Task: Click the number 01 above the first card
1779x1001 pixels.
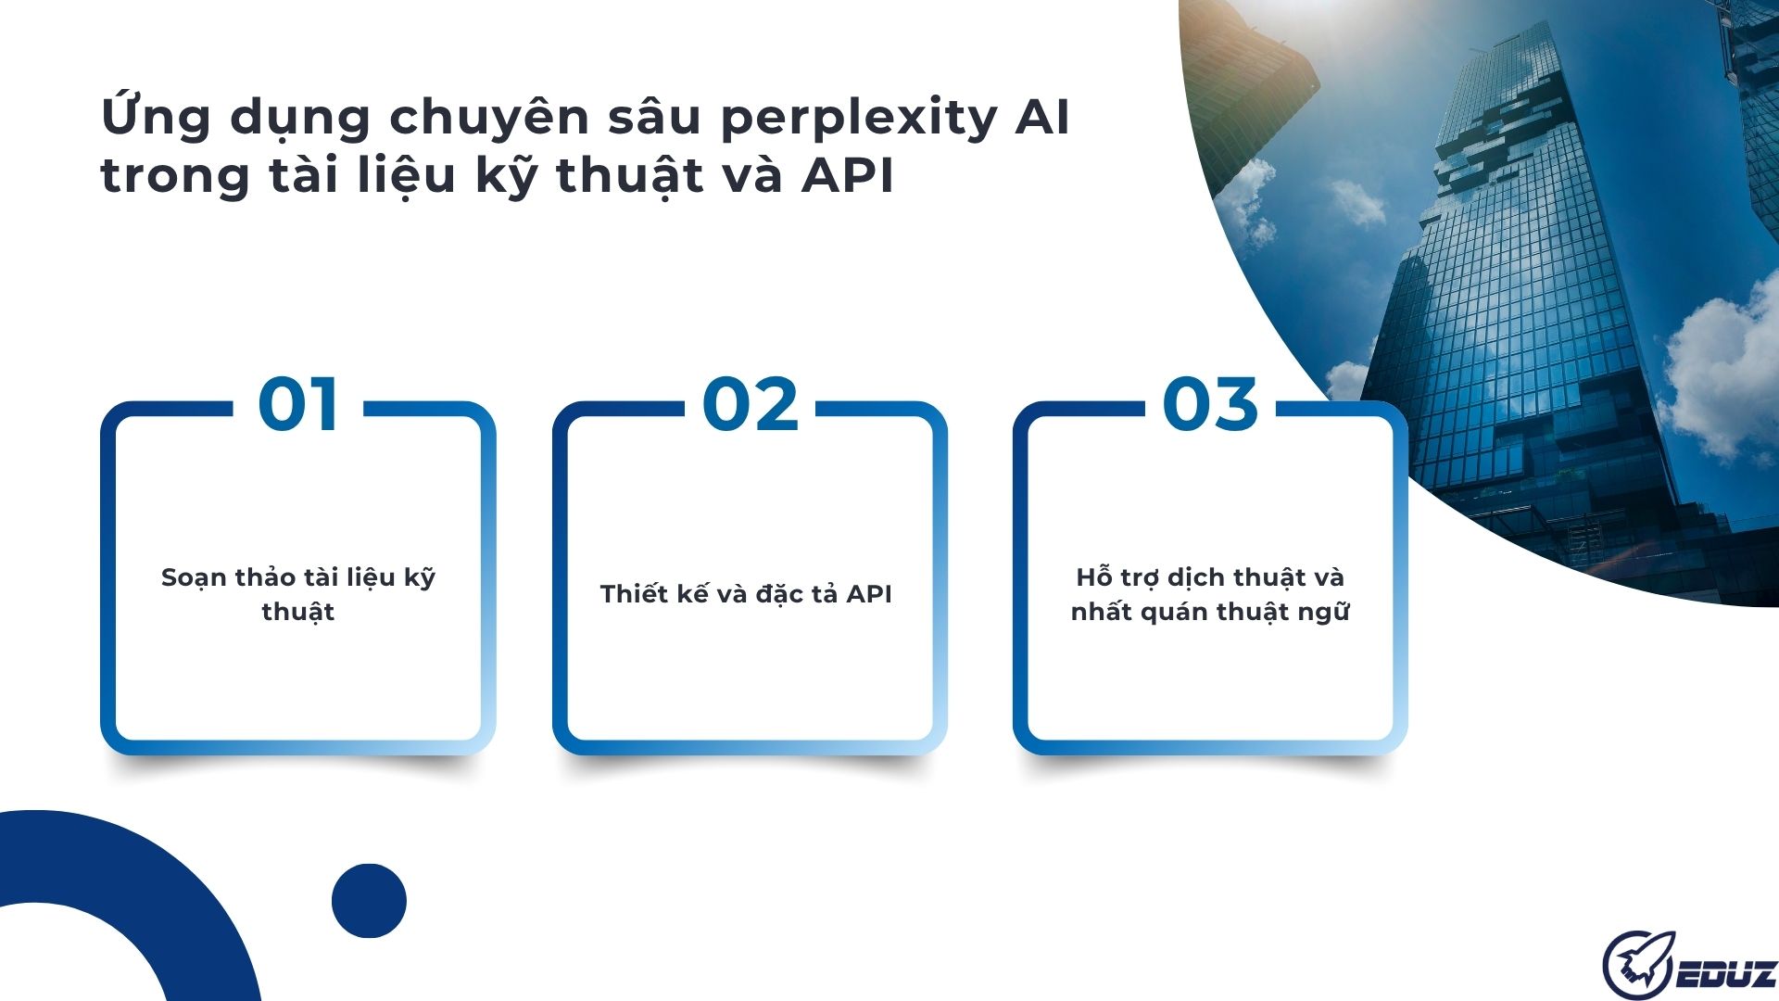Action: click(x=297, y=405)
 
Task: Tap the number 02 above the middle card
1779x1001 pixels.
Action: click(x=750, y=405)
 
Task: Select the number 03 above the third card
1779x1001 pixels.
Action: click(x=1210, y=405)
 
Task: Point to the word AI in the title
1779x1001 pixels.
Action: click(x=1042, y=118)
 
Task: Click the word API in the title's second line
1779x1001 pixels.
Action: click(x=847, y=175)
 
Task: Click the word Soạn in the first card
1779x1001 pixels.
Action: click(x=194, y=578)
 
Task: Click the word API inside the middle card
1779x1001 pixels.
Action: click(x=868, y=594)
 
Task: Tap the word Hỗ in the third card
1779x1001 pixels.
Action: click(x=1093, y=577)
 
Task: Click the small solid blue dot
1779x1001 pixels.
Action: click(x=369, y=900)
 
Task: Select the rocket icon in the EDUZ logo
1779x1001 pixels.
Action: click(x=1638, y=964)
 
